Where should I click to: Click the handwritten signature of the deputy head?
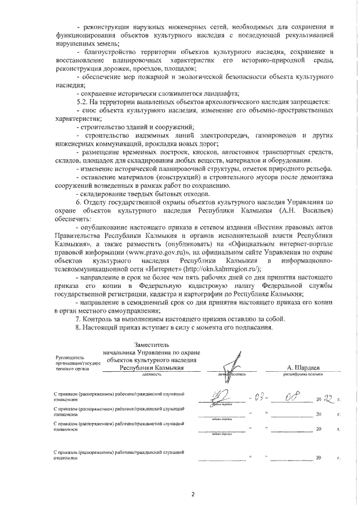pos(233,363)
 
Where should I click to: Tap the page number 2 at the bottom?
pos(192,494)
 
